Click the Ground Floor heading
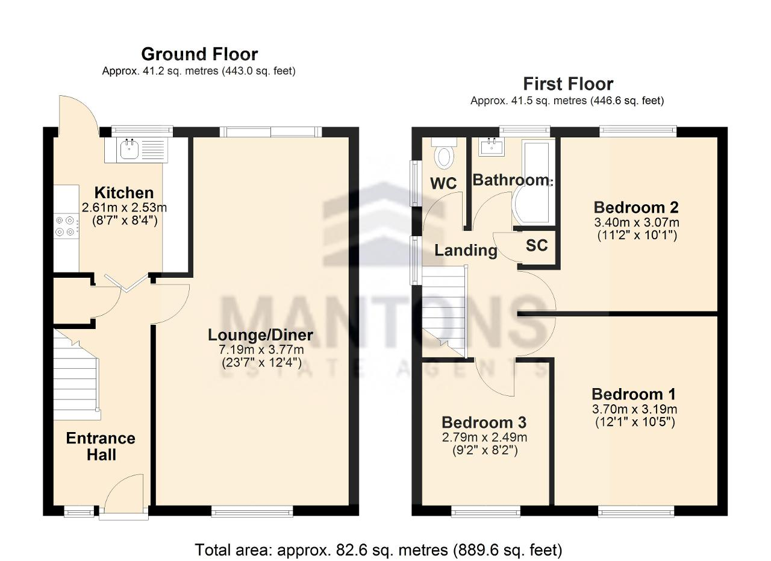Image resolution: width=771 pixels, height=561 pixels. click(199, 54)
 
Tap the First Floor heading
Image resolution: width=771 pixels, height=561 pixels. click(568, 84)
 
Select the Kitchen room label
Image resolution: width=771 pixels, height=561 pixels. click(124, 193)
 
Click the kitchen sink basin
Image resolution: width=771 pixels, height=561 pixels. click(130, 150)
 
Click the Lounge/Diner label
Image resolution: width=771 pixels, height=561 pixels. click(261, 335)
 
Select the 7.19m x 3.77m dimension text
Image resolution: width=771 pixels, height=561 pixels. click(261, 349)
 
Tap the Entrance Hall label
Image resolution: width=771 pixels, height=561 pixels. click(101, 447)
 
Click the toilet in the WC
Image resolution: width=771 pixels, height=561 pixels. click(444, 153)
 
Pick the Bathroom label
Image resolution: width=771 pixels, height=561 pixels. click(511, 180)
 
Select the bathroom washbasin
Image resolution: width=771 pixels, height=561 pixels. click(491, 147)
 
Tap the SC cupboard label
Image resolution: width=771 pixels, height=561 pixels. click(537, 245)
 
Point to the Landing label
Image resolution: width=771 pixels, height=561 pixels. click(466, 250)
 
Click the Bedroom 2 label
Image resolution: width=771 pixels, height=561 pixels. click(636, 207)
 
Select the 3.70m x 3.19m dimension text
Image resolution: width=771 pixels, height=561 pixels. click(635, 409)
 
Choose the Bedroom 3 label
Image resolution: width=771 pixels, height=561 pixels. click(484, 422)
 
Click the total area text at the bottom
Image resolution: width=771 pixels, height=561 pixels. click(378, 550)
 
